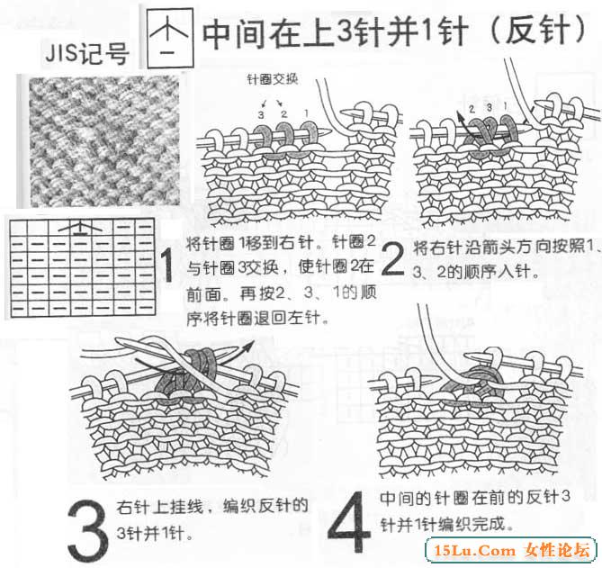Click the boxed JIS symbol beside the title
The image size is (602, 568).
pyautogui.click(x=170, y=39)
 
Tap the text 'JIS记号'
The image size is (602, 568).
pyautogui.click(x=86, y=53)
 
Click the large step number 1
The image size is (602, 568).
pyautogui.click(x=167, y=266)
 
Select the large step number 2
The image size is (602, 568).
pyautogui.click(x=392, y=259)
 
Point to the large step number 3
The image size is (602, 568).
pyautogui.click(x=87, y=531)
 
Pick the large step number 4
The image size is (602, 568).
pyautogui.click(x=349, y=521)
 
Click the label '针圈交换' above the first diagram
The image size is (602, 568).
pyautogui.click(x=273, y=79)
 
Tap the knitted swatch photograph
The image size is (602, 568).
pyautogui.click(x=104, y=141)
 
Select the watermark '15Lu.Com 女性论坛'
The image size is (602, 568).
pyautogui.click(x=511, y=550)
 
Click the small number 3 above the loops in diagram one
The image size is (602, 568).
pyautogui.click(x=261, y=114)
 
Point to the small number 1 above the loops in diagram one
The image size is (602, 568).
pyautogui.click(x=306, y=113)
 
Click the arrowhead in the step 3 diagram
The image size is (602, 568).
pyautogui.click(x=249, y=345)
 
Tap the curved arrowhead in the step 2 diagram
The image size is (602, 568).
pyautogui.click(x=459, y=115)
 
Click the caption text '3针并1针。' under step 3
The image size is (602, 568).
pyautogui.click(x=155, y=534)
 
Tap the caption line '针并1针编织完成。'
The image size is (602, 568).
pyautogui.click(x=446, y=524)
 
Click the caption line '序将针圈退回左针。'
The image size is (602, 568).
pyautogui.click(x=257, y=318)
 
